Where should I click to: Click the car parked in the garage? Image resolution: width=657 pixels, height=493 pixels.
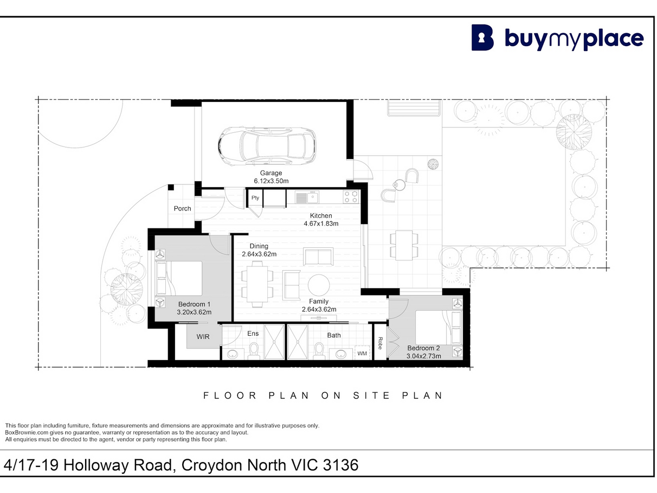coord(267,146)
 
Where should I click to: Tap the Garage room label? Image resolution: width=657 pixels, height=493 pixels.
coord(271,173)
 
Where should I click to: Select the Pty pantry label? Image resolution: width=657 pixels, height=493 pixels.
coord(255,198)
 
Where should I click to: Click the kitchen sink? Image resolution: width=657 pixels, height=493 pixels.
coord(307,197)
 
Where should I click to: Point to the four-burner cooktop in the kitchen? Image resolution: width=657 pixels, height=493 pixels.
coord(351,197)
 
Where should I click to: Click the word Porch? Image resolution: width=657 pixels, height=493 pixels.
coord(182,209)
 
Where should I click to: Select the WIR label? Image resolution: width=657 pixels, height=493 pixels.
coord(203,337)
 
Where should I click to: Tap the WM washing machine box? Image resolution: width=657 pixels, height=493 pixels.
coord(362,353)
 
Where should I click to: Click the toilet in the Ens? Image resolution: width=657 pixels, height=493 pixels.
coord(254,351)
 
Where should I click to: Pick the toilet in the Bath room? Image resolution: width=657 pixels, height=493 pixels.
coord(319,351)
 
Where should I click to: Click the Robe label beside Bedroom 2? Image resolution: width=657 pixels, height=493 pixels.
coord(380,343)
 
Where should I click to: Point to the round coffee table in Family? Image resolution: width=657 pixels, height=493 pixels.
coord(319,285)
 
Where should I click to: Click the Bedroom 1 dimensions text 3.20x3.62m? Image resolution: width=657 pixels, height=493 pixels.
coord(194,312)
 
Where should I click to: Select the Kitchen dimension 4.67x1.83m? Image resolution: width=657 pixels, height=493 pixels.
coord(321,223)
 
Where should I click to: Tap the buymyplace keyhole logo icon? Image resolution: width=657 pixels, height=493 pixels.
coord(482,37)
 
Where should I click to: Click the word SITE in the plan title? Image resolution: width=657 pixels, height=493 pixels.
coord(372,396)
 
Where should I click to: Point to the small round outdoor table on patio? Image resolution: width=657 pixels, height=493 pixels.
coord(399,185)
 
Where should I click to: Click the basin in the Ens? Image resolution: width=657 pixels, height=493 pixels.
coord(233,355)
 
